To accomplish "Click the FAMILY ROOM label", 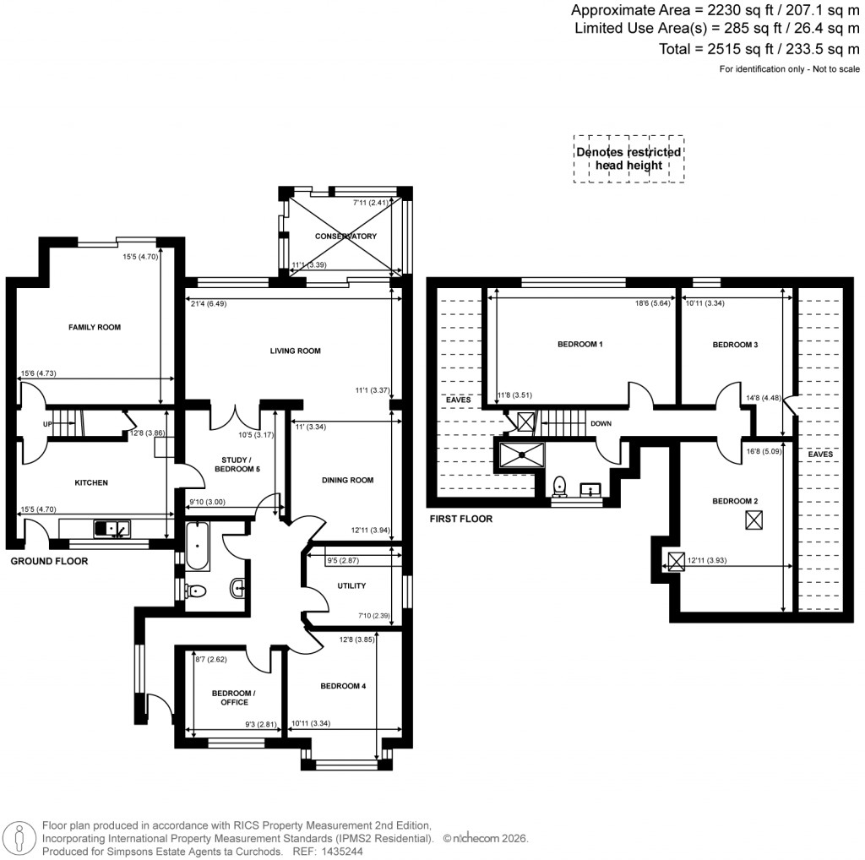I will (x=94, y=326).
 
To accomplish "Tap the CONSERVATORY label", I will (x=345, y=236).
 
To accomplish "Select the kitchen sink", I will (x=112, y=530).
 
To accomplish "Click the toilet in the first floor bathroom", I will (x=558, y=487).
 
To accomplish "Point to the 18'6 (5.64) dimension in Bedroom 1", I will (x=654, y=302).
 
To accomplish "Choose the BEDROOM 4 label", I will (x=343, y=686).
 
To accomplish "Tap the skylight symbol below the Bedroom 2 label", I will (x=753, y=521).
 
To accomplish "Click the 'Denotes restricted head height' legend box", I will (x=628, y=159).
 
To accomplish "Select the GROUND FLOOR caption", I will (x=48, y=560).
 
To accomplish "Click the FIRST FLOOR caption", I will (x=460, y=519).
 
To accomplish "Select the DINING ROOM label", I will (x=347, y=480).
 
